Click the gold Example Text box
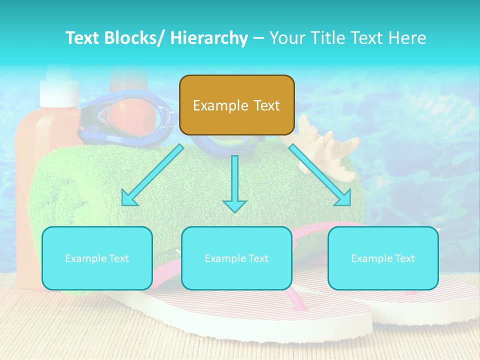[x=236, y=105]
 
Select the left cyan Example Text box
[x=97, y=258]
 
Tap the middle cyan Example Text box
[x=236, y=258]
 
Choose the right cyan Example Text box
[x=383, y=258]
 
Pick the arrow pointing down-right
[x=320, y=174]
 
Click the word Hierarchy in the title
[x=209, y=38]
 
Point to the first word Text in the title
[x=83, y=38]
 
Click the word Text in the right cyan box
[x=404, y=258]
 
